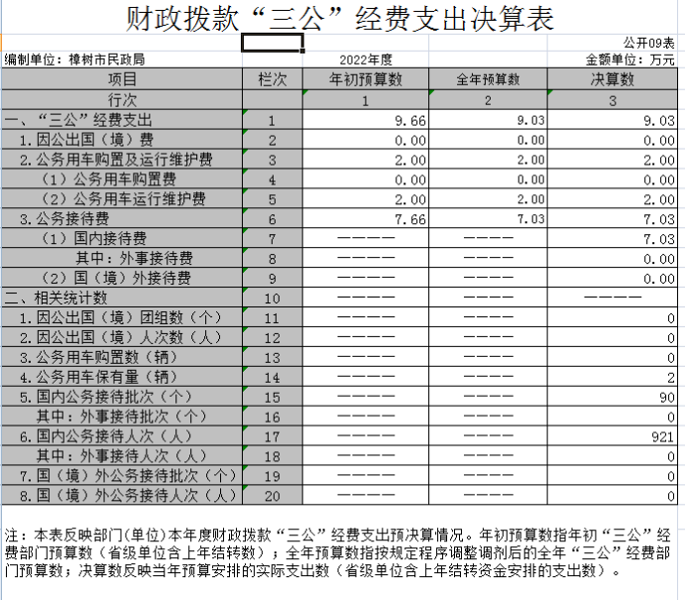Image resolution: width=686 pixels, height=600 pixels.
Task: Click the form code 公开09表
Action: tap(649, 44)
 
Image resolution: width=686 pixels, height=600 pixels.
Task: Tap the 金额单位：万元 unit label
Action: tap(630, 60)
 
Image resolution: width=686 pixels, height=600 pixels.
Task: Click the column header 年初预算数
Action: tap(366, 79)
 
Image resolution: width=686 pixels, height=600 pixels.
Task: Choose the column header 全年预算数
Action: tap(488, 79)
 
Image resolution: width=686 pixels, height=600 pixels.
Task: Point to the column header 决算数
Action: tap(613, 79)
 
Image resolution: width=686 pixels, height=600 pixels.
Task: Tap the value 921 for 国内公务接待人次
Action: tap(663, 436)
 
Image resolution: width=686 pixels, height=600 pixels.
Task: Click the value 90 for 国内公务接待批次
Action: tap(667, 397)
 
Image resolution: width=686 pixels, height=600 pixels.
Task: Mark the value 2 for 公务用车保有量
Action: tap(671, 377)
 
